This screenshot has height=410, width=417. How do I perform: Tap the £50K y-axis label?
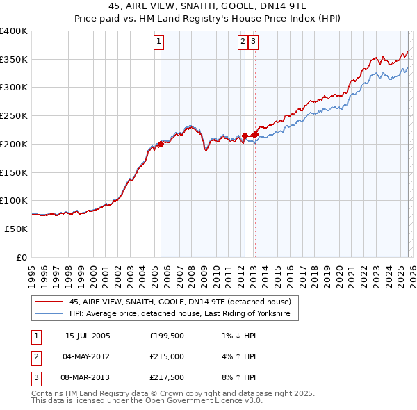[16, 229]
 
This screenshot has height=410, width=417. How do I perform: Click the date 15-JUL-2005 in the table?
[88, 336]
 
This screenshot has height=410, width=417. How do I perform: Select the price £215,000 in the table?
[167, 356]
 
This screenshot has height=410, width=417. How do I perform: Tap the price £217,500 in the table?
[167, 377]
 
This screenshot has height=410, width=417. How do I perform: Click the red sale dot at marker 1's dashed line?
[161, 145]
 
